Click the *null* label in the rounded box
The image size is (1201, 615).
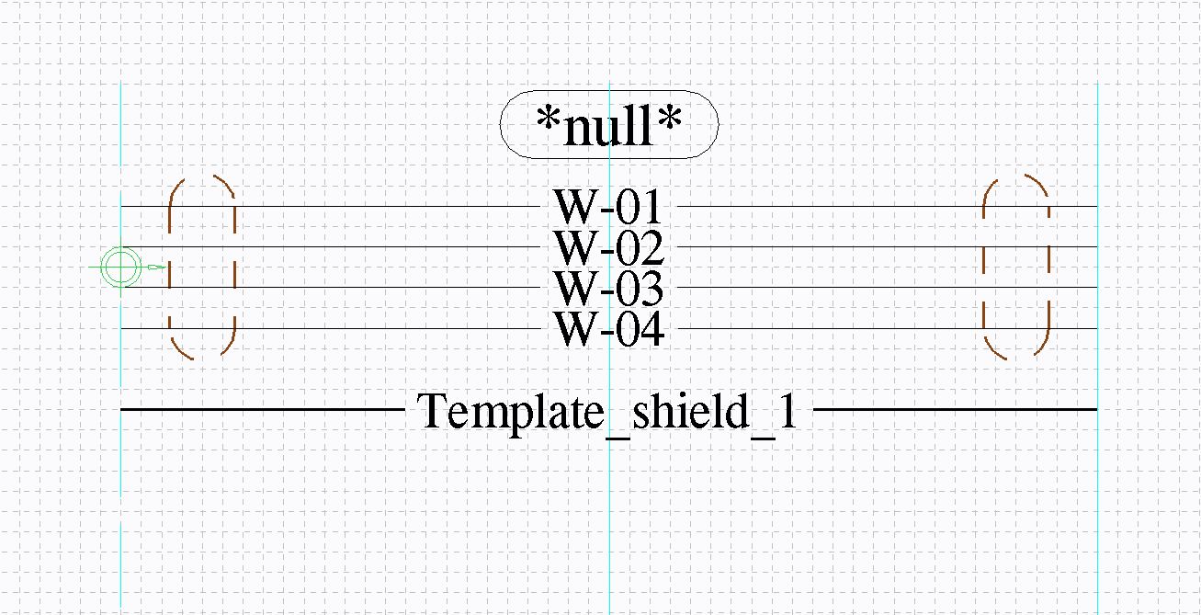click(x=609, y=126)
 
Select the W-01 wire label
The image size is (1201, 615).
click(x=608, y=207)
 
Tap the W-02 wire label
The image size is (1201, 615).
click(x=608, y=247)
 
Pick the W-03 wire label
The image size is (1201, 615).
click(x=608, y=288)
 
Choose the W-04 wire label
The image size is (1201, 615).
click(x=608, y=329)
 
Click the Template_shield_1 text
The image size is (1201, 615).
click(x=607, y=412)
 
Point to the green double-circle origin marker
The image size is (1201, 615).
click(x=120, y=267)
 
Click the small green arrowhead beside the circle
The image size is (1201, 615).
click(x=157, y=267)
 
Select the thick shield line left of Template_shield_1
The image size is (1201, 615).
click(x=263, y=410)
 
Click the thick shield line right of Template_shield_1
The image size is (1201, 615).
click(x=956, y=410)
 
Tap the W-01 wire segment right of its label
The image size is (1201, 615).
click(x=888, y=206)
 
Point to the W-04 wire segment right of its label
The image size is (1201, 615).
click(x=888, y=328)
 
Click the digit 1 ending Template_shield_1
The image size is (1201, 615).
click(x=788, y=410)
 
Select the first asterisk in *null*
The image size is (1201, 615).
click(x=549, y=118)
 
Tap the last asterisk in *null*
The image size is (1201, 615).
click(x=670, y=118)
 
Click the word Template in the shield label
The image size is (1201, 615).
click(x=510, y=412)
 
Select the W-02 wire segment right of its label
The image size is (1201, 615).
click(x=888, y=246)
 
